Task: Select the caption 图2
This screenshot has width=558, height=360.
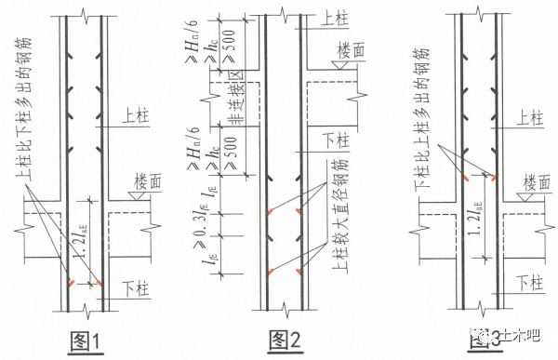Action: [281, 340]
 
